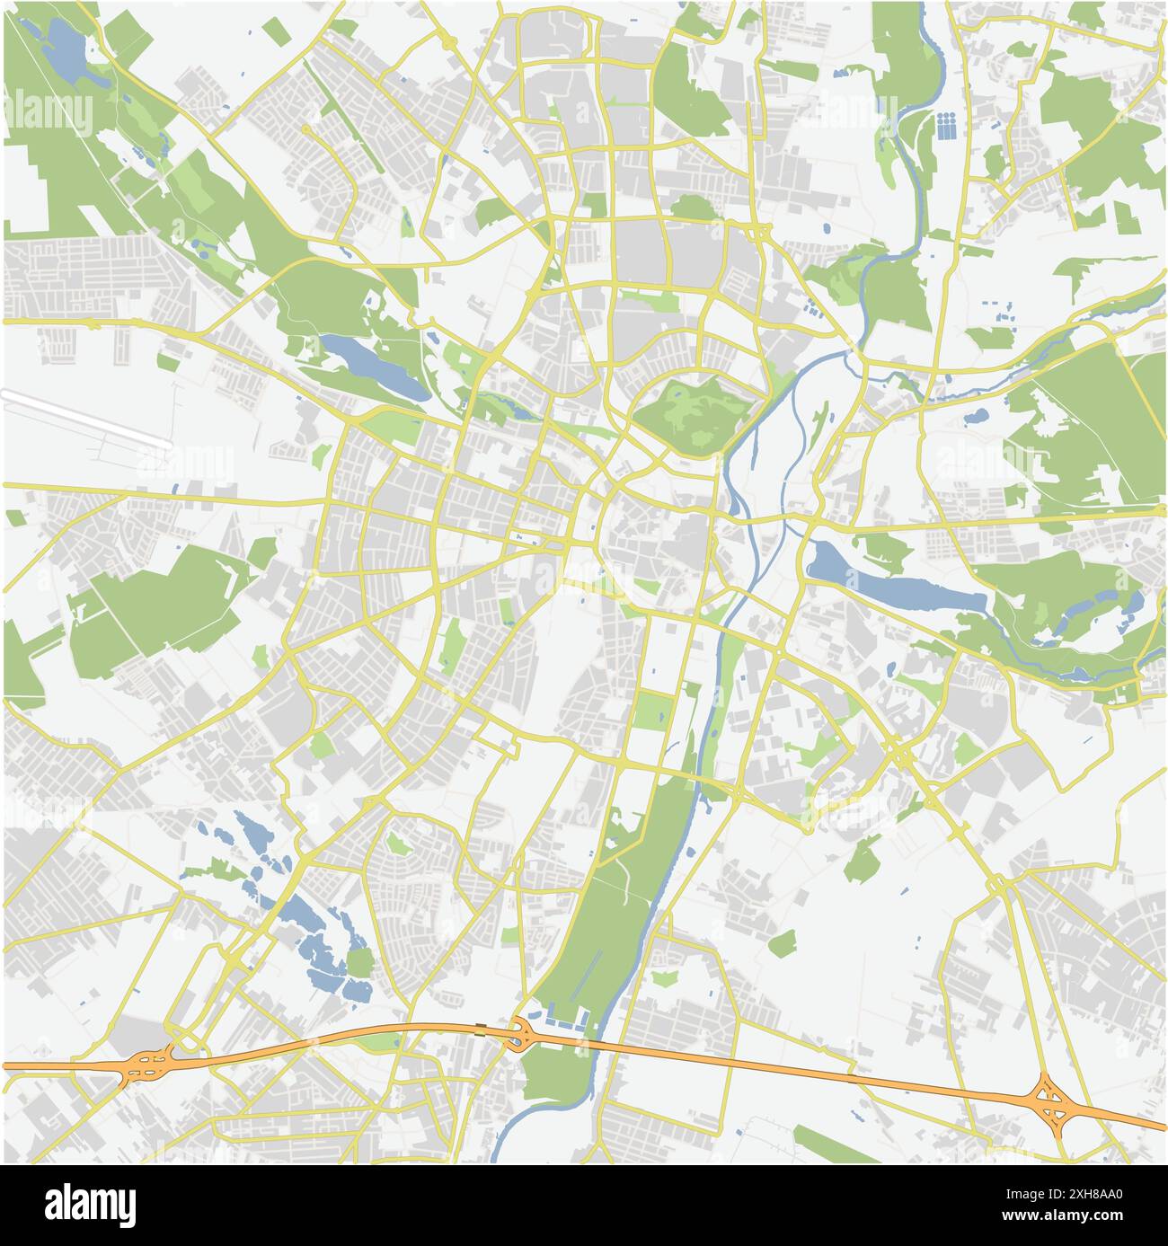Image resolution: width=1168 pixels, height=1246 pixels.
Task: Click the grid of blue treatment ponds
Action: pyautogui.click(x=946, y=126)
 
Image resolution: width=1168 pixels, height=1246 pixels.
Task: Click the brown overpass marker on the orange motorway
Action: pyautogui.click(x=482, y=1028)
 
